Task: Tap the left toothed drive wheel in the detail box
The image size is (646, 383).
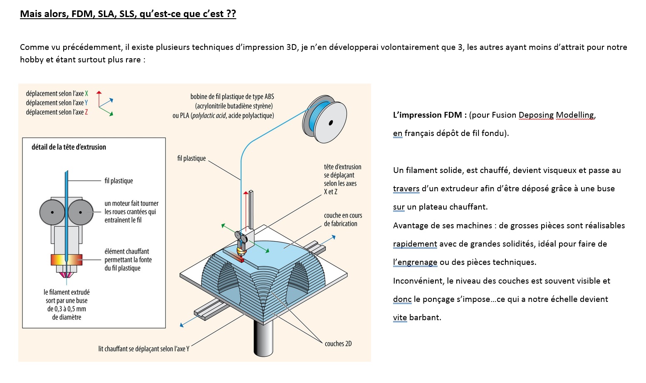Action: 52,212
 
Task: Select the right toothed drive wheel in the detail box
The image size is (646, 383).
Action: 81,212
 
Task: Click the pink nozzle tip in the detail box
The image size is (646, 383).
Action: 66,274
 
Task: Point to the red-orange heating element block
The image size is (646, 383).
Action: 67,260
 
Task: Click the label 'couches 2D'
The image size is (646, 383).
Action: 338,344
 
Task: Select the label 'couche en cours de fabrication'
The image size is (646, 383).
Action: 343,220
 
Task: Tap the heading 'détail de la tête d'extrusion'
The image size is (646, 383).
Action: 69,147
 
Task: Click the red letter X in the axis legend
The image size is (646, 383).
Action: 87,94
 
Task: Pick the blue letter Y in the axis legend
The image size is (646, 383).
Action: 86,103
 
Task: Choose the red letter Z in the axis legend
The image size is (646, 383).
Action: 86,112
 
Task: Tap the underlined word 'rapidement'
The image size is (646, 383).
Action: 415,244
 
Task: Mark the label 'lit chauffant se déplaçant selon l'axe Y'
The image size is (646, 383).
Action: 144,349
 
